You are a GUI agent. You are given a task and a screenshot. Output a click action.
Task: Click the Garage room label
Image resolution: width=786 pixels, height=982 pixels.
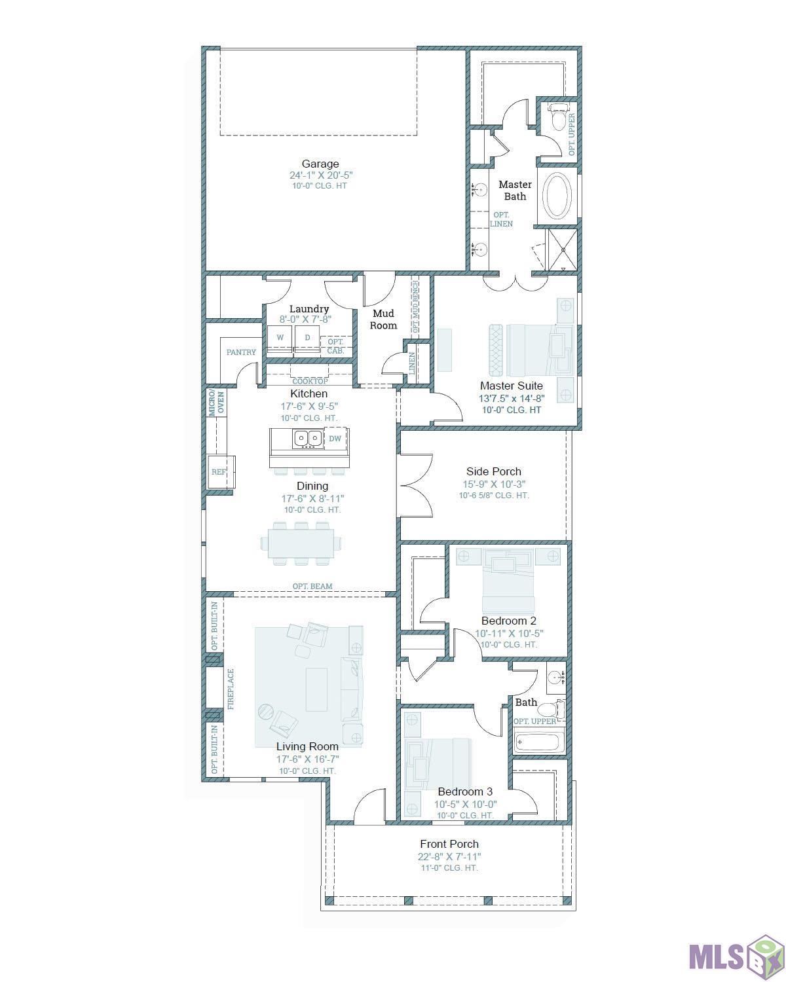pos(320,164)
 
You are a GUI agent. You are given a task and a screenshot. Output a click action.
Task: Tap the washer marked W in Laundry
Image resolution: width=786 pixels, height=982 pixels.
pos(280,338)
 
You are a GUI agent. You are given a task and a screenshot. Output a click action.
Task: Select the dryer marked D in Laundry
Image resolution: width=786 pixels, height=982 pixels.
pos(307,338)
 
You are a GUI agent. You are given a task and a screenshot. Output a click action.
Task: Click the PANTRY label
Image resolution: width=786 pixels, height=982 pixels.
pos(241,352)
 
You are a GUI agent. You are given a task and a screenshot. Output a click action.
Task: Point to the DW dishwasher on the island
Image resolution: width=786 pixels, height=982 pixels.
pos(335,439)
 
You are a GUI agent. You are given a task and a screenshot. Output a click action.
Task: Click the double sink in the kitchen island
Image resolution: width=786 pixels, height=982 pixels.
pos(307,439)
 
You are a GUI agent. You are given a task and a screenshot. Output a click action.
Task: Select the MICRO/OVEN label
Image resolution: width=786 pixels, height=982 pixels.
pos(216,403)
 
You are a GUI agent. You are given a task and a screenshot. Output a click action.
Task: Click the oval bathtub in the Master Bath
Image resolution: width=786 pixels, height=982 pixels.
pos(557,195)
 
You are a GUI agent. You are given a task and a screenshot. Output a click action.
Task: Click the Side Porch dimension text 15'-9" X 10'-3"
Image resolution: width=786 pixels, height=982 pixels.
pos(494,484)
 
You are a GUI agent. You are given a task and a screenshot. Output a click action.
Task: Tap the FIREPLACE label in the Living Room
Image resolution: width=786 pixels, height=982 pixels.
pos(231,689)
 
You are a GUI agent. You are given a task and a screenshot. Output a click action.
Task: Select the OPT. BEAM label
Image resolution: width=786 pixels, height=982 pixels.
pos(312,586)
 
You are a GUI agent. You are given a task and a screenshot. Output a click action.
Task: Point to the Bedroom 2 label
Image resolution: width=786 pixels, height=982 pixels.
pos(509,621)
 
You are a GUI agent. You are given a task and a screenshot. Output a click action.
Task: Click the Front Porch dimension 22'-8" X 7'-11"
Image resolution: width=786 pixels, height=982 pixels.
pos(449,857)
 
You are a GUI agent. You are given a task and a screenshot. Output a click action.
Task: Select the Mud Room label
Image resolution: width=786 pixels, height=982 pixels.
pos(383,319)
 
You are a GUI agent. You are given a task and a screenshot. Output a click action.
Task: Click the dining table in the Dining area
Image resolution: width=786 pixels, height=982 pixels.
pos(301,543)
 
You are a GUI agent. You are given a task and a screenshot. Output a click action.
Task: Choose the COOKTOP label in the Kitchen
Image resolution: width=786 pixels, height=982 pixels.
pos(310,381)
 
